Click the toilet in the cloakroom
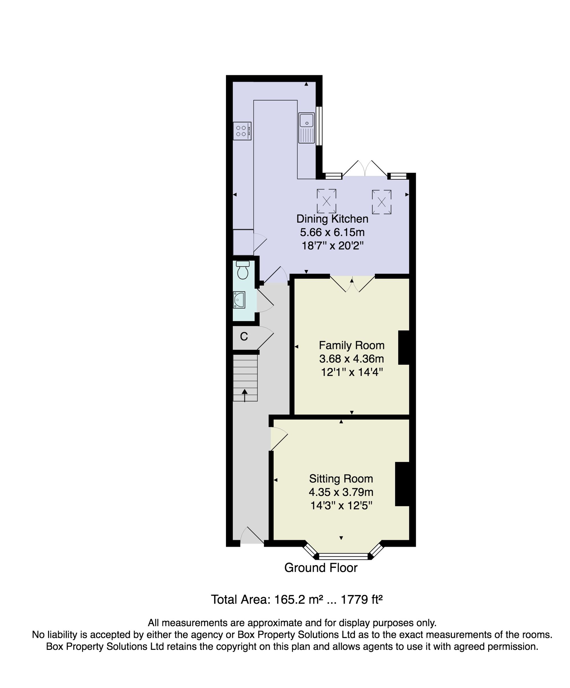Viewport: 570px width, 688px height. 243,270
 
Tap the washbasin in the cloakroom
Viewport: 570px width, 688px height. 239,300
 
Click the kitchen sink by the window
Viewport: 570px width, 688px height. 306,128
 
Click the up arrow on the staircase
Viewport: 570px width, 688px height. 245,395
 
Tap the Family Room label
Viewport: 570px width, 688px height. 352,345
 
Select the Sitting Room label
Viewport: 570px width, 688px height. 341,479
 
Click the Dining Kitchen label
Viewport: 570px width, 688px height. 332,219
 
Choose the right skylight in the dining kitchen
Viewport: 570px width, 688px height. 382,202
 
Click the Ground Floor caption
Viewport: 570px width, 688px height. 321,568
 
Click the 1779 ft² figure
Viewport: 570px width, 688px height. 362,600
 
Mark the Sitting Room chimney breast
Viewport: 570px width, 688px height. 402,484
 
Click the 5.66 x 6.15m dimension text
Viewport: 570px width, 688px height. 332,232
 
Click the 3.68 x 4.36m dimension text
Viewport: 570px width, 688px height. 352,359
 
